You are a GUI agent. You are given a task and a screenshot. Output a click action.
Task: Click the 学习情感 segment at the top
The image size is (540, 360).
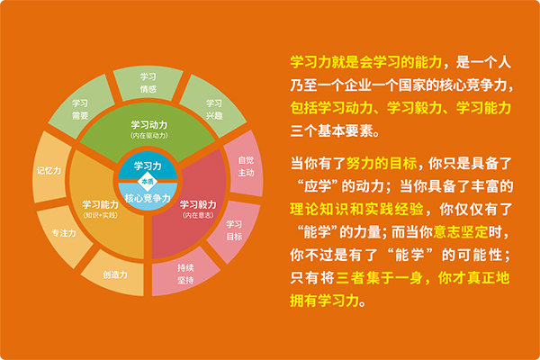(x=148, y=83)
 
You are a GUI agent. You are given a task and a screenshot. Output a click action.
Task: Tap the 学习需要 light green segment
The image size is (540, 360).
(x=82, y=107)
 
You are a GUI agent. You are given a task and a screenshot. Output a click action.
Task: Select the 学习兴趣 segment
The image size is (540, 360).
(x=213, y=107)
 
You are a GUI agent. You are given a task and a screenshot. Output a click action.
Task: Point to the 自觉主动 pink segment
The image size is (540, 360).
(x=244, y=166)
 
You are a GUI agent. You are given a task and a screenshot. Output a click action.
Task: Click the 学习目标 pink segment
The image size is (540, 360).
(x=234, y=230)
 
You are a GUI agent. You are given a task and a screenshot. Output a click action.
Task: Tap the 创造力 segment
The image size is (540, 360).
(x=114, y=274)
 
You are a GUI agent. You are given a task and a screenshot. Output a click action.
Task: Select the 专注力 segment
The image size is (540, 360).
(x=64, y=233)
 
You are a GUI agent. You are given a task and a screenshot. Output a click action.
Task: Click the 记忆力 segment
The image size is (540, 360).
(x=50, y=170)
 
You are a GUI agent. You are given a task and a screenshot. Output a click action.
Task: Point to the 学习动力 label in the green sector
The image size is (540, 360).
(x=149, y=125)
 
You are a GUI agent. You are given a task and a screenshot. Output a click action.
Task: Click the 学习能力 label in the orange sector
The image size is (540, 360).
(x=100, y=204)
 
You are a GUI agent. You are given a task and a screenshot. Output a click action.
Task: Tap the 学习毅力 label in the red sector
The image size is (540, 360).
(x=198, y=204)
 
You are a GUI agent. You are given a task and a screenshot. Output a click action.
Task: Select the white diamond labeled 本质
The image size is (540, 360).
(x=148, y=182)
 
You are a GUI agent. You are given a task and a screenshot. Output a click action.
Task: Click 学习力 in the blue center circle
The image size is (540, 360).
(x=148, y=166)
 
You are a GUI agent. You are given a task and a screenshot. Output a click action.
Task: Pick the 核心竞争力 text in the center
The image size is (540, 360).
(x=148, y=198)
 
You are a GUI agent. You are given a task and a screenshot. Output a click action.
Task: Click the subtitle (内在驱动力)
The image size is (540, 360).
(x=149, y=135)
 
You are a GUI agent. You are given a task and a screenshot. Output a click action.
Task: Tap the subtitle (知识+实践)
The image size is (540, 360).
(x=100, y=215)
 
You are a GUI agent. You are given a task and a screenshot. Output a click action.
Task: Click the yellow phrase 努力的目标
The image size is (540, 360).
(x=382, y=163)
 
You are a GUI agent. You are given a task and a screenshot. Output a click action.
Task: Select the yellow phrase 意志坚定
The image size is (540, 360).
(x=461, y=232)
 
